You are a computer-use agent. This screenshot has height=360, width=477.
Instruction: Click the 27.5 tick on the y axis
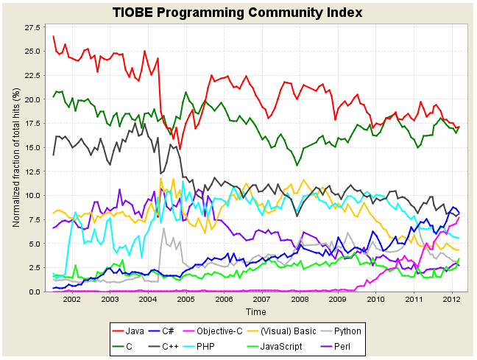pyautogui.click(x=32, y=27)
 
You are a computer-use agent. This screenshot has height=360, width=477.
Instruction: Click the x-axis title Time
pyautogui.click(x=256, y=312)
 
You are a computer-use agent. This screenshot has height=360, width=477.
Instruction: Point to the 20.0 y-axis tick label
pyautogui.click(x=32, y=99)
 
